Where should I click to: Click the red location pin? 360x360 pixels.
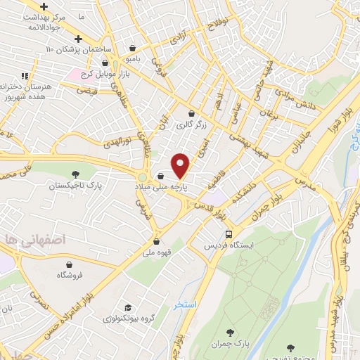tap(181, 165)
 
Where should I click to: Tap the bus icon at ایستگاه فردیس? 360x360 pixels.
tap(229, 234)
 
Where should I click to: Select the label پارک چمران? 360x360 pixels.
tap(229, 342)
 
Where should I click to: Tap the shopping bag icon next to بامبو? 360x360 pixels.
tap(133, 49)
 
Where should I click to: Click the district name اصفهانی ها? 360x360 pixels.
tap(29, 239)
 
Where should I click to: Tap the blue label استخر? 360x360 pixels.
tap(184, 304)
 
